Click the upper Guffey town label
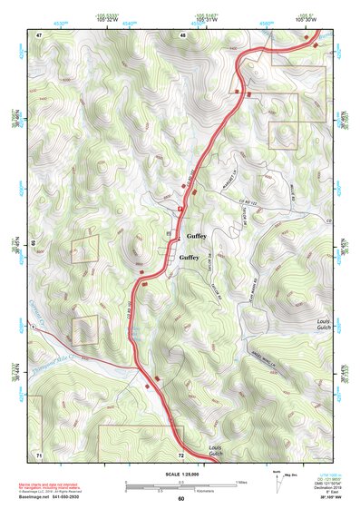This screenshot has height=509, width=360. pyautogui.click(x=197, y=236)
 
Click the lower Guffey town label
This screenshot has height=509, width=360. pyautogui.click(x=189, y=258)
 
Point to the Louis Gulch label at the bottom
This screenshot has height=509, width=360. pyautogui.click(x=215, y=451)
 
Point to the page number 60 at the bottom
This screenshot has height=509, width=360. pyautogui.click(x=180, y=499)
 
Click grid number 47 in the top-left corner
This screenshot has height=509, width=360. pyautogui.click(x=40, y=34)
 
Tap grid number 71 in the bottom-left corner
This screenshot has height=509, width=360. pyautogui.click(x=39, y=453)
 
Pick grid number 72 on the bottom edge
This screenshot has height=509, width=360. pyautogui.click(x=181, y=454)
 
